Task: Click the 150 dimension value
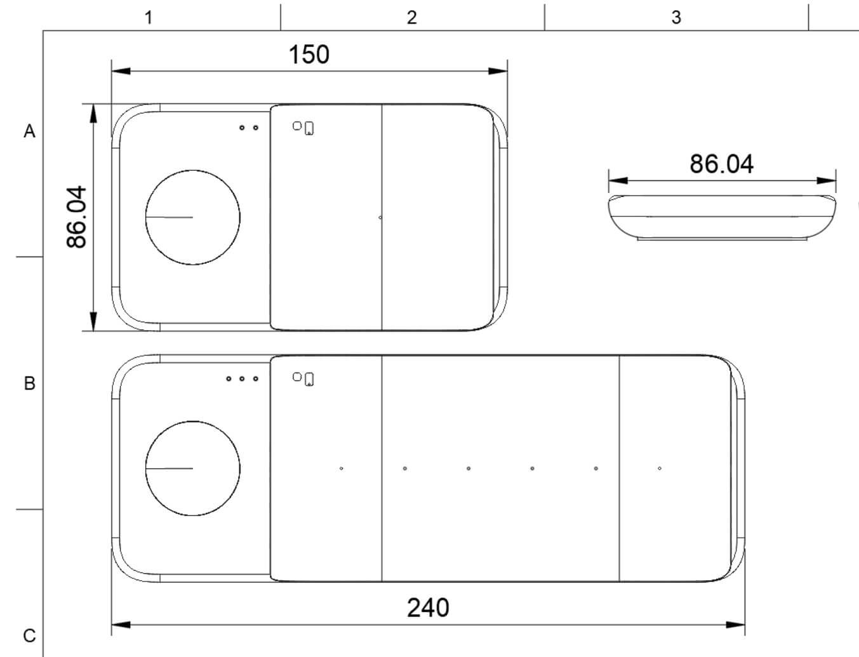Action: tap(309, 55)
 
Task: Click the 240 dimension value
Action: tap(428, 607)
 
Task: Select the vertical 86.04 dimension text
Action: tap(76, 216)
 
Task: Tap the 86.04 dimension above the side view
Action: tap(721, 164)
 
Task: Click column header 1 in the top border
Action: tap(149, 17)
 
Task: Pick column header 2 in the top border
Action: tap(412, 17)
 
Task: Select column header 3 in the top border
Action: tap(676, 17)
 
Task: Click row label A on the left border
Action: tap(29, 131)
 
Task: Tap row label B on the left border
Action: tap(29, 383)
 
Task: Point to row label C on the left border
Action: tap(29, 635)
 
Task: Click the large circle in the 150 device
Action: tap(192, 217)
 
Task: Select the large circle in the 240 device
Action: tap(192, 468)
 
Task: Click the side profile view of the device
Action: tap(722, 217)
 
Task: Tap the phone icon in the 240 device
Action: tap(309, 380)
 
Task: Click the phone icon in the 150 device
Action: tap(309, 128)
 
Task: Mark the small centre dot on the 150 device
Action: tap(380, 217)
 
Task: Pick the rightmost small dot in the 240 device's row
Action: tap(660, 468)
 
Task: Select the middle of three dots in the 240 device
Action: tap(242, 379)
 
